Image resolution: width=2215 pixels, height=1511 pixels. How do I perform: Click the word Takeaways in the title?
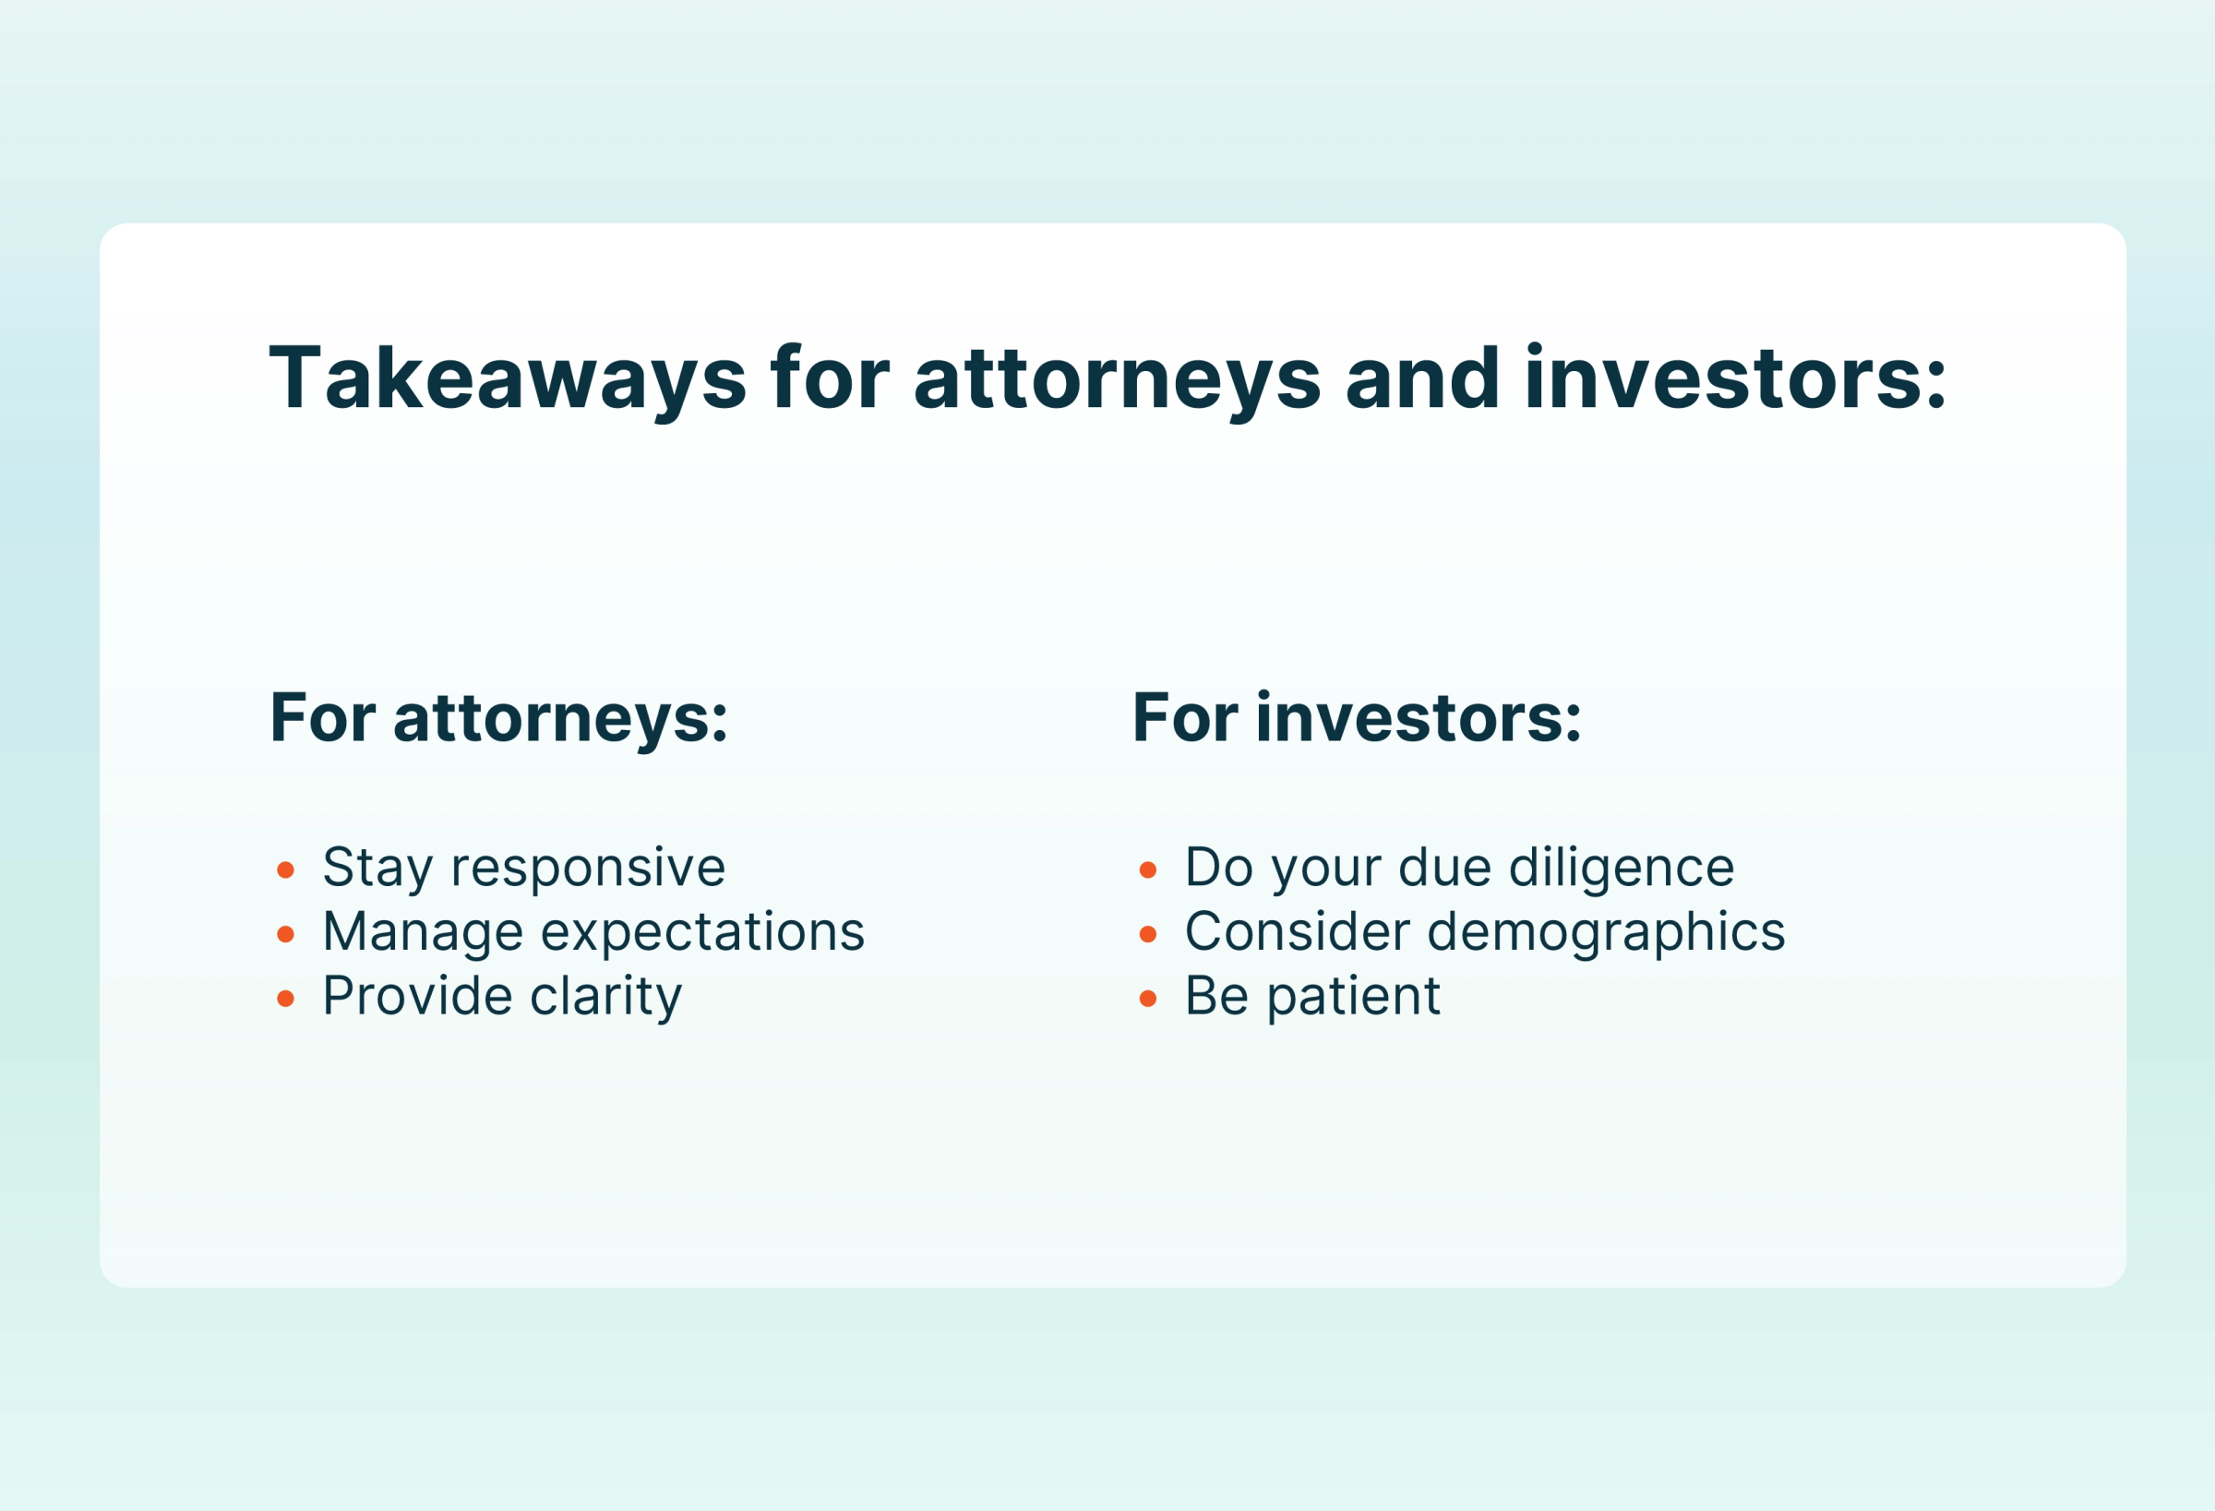[507, 378]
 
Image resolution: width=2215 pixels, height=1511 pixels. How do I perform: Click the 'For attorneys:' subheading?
[498, 718]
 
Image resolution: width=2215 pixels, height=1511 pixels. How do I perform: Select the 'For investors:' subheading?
[1358, 718]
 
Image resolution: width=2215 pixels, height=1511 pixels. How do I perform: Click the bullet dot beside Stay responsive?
[285, 869]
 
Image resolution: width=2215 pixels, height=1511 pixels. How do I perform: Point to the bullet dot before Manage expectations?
[285, 934]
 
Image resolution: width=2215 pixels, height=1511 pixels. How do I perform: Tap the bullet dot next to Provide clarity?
[285, 998]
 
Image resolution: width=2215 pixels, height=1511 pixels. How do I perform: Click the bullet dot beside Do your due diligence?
[1147, 869]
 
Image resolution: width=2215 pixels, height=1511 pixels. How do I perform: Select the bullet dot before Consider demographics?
[1147, 934]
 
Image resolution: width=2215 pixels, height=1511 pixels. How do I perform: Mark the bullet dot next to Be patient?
[1147, 998]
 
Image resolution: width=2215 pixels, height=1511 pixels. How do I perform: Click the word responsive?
[588, 869]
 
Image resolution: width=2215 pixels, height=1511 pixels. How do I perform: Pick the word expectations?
[702, 931]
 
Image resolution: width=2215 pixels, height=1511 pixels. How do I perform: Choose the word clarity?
[606, 997]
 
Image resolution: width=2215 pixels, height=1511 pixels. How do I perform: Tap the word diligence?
[1622, 869]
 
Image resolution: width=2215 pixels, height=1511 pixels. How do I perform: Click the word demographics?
[1606, 931]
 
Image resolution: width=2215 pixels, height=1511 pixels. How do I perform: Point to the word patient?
[1353, 997]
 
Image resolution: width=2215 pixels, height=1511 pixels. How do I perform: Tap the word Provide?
[417, 995]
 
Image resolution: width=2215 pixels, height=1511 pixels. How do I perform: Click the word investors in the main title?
[1735, 378]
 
